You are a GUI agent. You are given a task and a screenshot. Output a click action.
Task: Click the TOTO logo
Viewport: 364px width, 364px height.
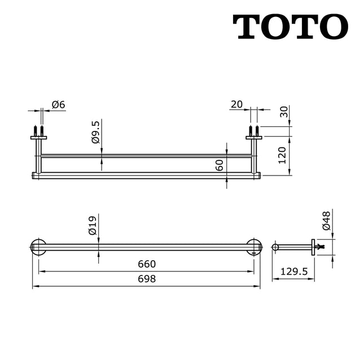click(291, 27)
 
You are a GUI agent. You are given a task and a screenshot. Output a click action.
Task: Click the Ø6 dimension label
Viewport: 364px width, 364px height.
click(59, 104)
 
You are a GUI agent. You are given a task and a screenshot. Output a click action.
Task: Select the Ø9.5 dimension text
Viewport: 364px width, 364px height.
click(95, 131)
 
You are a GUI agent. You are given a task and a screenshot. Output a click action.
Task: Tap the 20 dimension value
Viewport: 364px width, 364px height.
click(236, 104)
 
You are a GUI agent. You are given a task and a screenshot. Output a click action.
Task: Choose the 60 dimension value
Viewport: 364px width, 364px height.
click(220, 165)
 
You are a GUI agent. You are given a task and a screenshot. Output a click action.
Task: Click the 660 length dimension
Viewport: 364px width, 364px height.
click(146, 264)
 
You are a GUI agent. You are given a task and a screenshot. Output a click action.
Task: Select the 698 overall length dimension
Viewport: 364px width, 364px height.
click(146, 279)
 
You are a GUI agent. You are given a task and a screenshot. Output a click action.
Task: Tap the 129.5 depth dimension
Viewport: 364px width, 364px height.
click(293, 271)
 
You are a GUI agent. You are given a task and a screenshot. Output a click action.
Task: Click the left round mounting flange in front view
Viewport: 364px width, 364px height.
click(38, 247)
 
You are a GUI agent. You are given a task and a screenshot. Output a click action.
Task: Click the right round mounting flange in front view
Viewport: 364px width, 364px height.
click(255, 247)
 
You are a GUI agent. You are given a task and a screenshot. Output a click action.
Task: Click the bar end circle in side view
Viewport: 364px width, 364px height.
click(275, 247)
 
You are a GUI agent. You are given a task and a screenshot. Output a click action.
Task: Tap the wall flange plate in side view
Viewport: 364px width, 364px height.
click(313, 247)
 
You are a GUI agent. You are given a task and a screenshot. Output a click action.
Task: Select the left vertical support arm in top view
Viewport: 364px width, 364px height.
click(38, 155)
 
